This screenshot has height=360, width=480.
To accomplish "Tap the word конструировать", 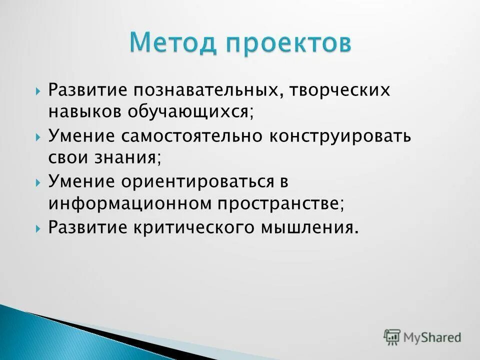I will point(340,136).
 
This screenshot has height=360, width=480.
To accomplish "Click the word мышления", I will point(308,228).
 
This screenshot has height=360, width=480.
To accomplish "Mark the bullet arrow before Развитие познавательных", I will point(38,91).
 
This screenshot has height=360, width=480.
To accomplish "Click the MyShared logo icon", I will point(392,337).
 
